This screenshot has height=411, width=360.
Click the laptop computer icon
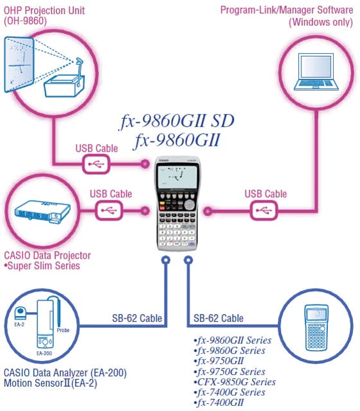point(316,72)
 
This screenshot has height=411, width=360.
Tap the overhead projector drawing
point(65,78)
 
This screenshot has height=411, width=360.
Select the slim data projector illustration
point(42,212)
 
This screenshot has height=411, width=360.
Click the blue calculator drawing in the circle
point(316,328)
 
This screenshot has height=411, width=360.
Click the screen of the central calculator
point(177,176)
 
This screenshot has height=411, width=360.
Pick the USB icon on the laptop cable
point(264,210)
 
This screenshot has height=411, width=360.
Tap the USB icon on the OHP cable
point(96,164)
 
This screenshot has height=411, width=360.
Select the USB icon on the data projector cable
point(109,210)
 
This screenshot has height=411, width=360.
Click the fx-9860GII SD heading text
point(177,121)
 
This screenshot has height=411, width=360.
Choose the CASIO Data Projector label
point(48,256)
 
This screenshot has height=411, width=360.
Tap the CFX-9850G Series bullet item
point(235,382)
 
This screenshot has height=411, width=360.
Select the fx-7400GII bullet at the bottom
point(219,403)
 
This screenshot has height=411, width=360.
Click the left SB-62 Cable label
point(137,319)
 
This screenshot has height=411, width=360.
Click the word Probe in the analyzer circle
point(63,330)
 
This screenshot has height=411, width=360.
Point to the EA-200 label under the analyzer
point(44,353)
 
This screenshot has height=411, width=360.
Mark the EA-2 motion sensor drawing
point(21,313)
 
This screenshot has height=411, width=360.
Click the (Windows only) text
point(321,22)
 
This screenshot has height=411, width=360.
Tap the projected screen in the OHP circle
point(19,64)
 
